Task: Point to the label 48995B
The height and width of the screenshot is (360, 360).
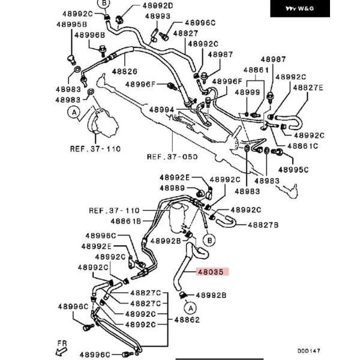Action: pos(72,24)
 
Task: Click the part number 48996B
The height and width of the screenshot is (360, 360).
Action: pos(89,35)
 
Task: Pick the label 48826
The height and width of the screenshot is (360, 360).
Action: pos(125,71)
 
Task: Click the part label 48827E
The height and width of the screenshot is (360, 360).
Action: pos(308,88)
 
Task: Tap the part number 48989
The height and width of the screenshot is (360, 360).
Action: pos(172,188)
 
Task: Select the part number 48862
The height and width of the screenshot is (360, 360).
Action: pos(187,320)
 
